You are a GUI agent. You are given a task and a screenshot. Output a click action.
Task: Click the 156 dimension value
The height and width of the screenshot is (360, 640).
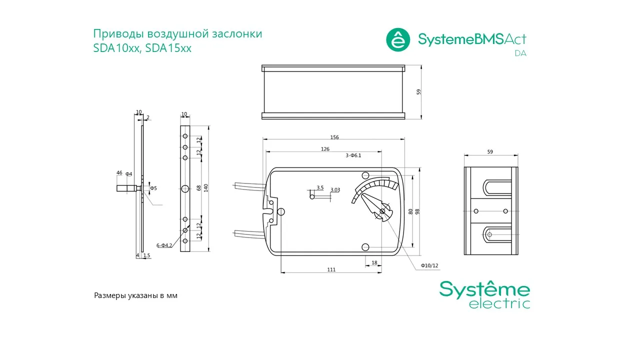point(334,137)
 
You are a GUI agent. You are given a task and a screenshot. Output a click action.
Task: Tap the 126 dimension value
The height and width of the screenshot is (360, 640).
point(325,149)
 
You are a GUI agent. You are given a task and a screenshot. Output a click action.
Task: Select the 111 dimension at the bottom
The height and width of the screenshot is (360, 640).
point(331,269)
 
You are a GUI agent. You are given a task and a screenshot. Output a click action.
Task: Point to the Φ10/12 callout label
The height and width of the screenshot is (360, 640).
point(429,265)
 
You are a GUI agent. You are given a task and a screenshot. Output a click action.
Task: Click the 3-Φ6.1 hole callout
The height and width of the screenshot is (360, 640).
point(353,155)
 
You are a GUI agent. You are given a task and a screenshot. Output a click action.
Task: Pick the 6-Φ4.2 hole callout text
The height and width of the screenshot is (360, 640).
point(164,245)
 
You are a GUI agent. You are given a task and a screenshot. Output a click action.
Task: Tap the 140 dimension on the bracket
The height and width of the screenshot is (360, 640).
point(206,187)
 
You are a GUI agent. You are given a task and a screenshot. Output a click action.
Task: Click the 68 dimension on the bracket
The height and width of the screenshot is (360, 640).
point(199,188)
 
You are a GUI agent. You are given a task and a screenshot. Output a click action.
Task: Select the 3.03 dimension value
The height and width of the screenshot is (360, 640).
point(335,189)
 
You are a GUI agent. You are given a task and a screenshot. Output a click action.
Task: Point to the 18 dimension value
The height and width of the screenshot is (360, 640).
point(374,262)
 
